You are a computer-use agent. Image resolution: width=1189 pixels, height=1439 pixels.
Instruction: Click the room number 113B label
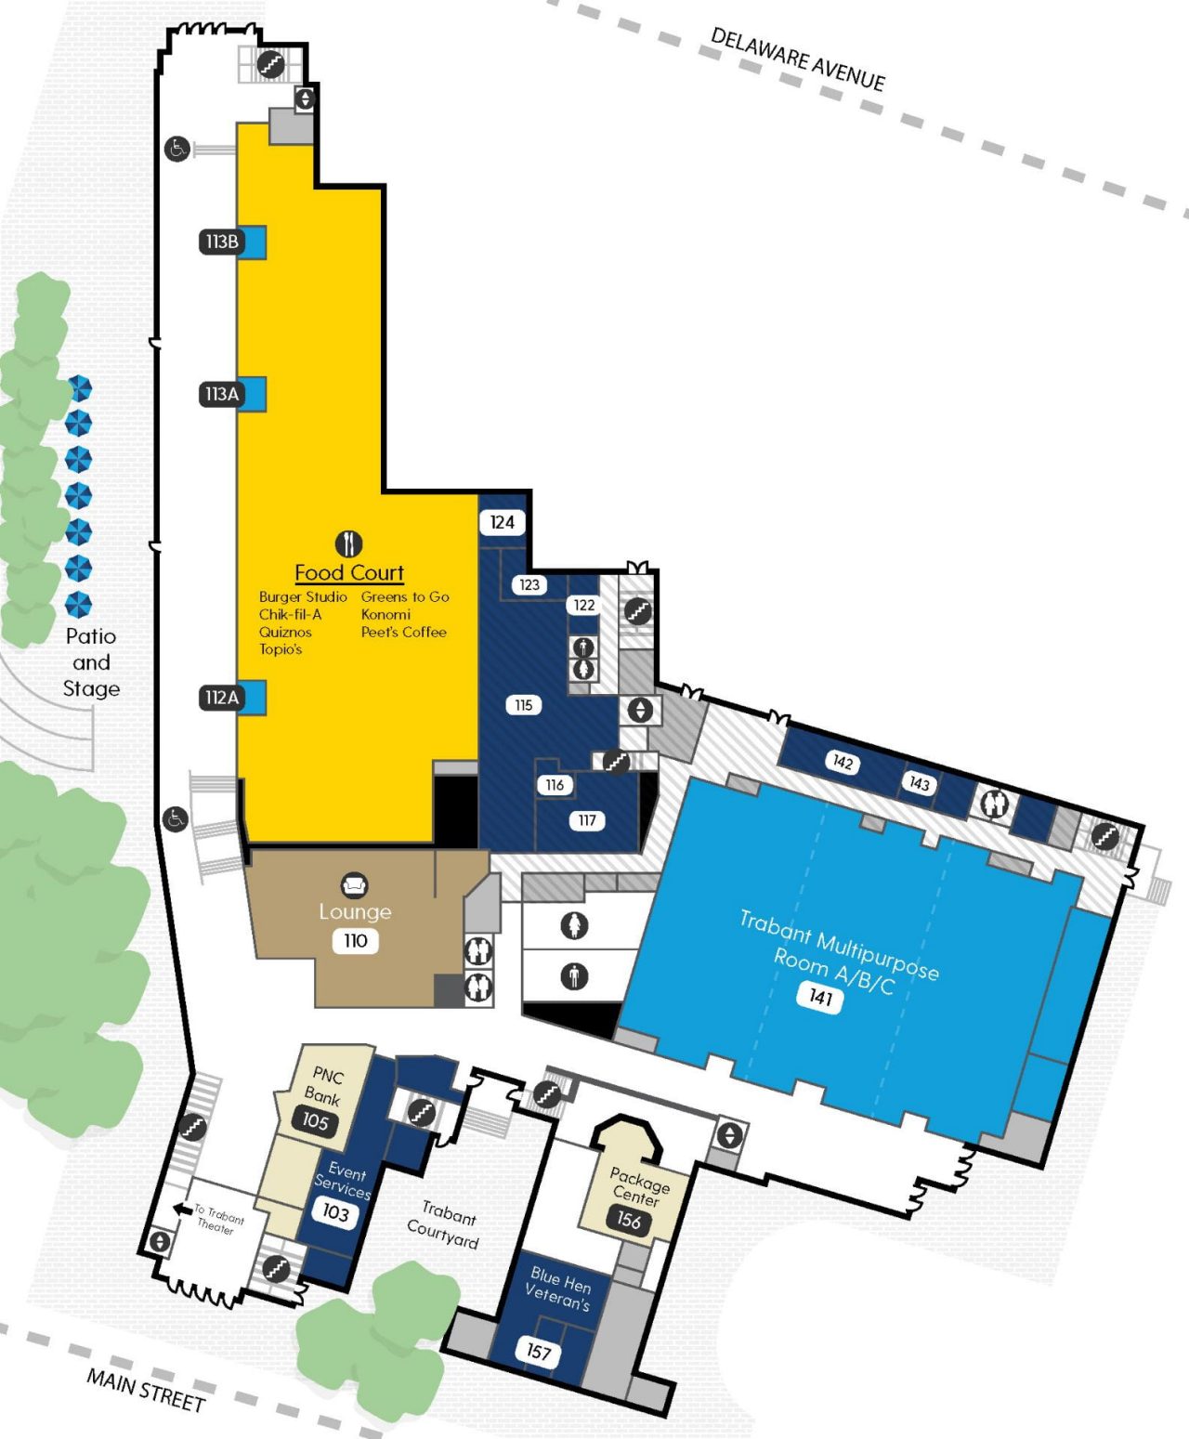point(222,242)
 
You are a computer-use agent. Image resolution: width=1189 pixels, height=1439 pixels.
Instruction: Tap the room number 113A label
point(222,394)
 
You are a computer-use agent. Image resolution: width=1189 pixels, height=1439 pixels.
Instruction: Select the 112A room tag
point(222,697)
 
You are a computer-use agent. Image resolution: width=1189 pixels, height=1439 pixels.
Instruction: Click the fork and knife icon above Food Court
point(348,543)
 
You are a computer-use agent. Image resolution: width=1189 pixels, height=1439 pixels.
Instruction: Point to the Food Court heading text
point(349,572)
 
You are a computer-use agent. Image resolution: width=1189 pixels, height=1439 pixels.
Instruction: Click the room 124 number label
point(502,522)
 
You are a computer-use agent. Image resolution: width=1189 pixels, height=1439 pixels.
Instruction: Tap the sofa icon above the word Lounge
point(354,884)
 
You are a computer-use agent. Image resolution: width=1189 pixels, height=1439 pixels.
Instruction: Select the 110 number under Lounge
point(355,940)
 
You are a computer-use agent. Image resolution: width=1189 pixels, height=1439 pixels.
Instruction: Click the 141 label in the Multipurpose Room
point(819,997)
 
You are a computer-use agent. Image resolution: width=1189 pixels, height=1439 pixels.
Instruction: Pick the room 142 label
point(843,762)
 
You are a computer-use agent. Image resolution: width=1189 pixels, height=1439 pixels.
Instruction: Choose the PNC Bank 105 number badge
point(315,1121)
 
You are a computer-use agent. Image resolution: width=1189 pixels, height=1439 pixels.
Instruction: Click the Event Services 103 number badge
point(334,1212)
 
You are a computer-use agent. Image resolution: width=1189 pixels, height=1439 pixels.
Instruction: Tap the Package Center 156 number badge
point(628,1220)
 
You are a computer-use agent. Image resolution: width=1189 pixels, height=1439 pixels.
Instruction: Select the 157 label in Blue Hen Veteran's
point(538,1351)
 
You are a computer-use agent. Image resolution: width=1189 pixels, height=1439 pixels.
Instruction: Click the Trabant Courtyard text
point(445,1224)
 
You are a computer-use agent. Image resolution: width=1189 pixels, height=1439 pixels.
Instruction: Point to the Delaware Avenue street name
point(797,59)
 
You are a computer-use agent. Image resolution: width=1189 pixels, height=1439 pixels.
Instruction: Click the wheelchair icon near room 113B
point(176,148)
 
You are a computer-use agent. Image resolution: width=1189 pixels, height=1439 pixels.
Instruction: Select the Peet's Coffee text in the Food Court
point(403,632)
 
